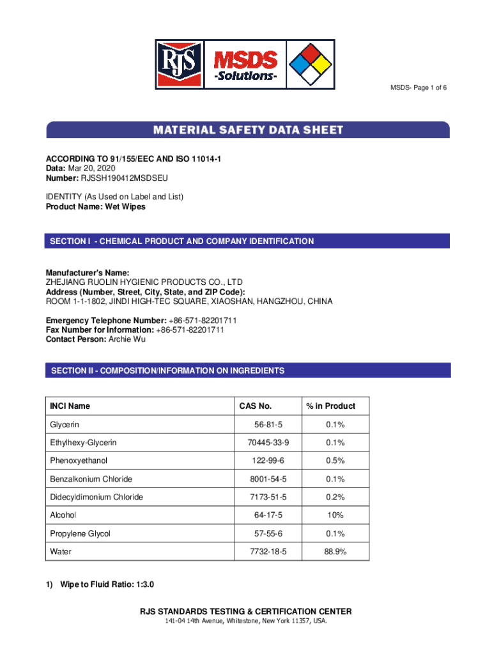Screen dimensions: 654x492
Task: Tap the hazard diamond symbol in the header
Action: tap(311, 64)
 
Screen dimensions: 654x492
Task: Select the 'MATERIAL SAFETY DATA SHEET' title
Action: tap(248, 130)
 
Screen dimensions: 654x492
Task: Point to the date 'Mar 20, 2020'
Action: tap(90, 167)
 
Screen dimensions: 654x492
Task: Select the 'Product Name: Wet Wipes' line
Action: tap(95, 207)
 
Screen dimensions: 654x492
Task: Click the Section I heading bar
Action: tap(248, 241)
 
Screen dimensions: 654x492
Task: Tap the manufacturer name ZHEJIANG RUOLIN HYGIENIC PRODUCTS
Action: tap(144, 282)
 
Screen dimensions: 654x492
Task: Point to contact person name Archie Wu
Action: tap(127, 339)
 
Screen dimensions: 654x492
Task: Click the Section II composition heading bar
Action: tap(248, 370)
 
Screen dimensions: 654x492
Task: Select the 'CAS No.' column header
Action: tap(256, 406)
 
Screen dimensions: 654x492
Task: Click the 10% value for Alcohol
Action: tap(335, 515)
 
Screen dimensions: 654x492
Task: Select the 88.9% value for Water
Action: tap(335, 551)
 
